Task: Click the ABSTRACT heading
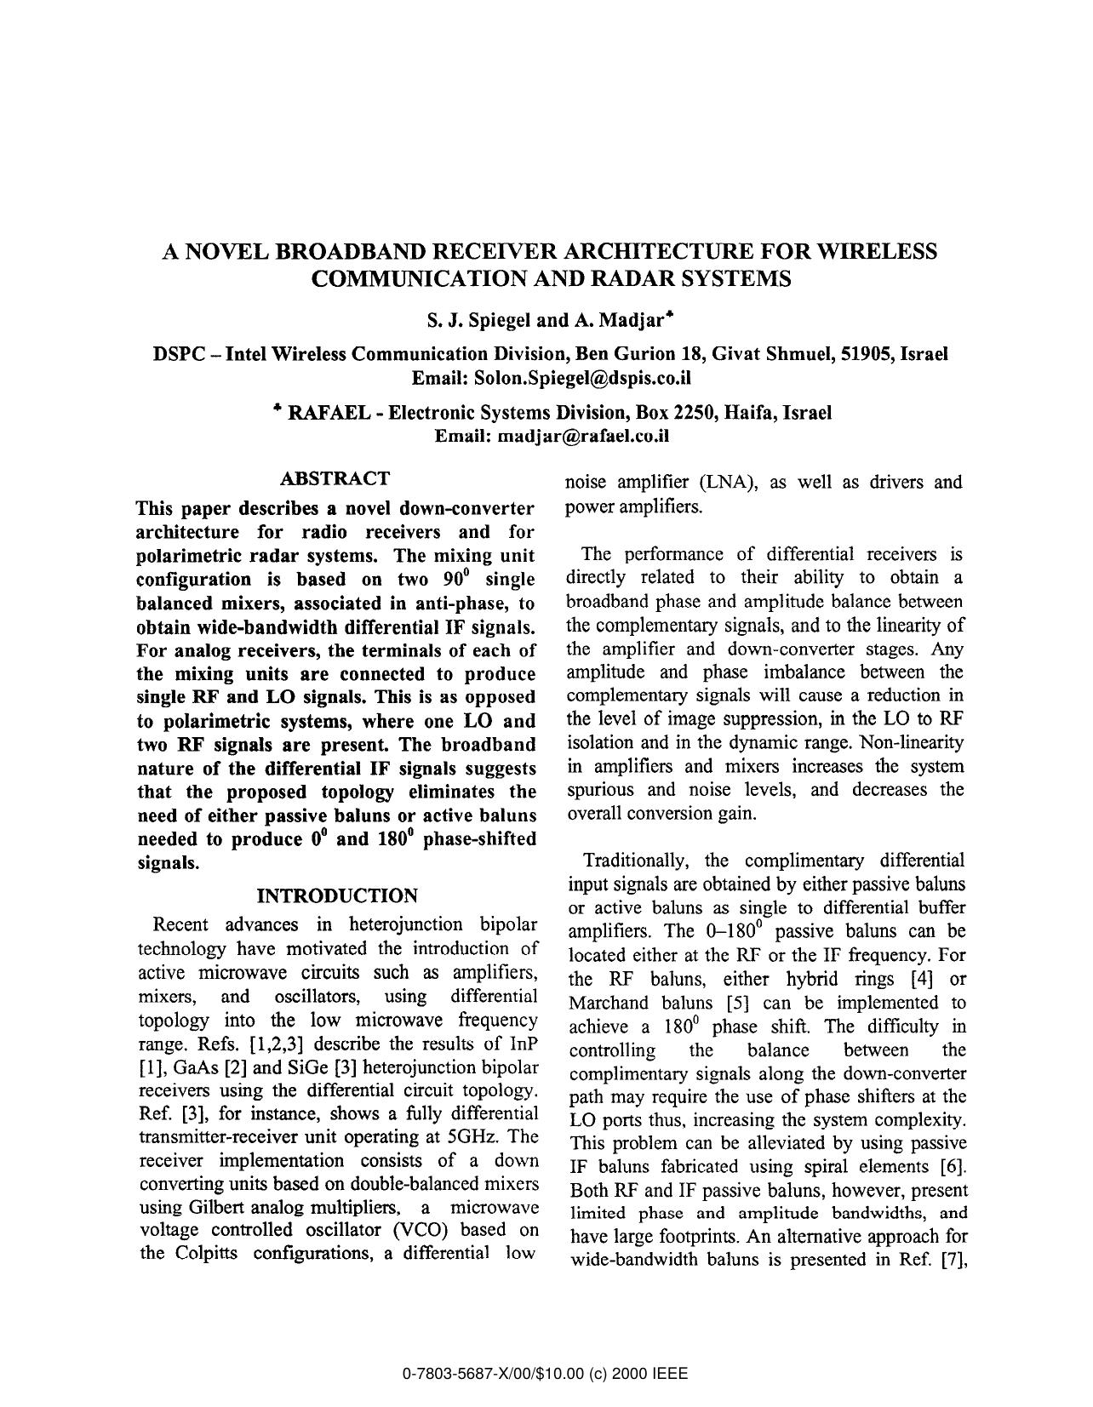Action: (x=335, y=478)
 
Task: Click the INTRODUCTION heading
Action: (x=337, y=895)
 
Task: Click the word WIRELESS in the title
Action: (x=876, y=251)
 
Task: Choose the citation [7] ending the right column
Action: (x=952, y=1260)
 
